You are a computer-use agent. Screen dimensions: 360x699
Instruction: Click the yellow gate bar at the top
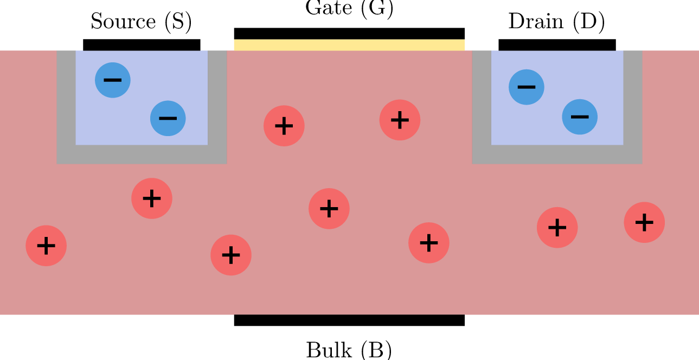point(349,45)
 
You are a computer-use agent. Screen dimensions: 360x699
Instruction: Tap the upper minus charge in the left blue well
point(113,80)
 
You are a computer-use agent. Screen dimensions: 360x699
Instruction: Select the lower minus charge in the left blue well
point(168,118)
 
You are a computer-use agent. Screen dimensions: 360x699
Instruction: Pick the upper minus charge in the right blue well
point(527,87)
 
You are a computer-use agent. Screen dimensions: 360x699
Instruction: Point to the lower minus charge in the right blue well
point(580,117)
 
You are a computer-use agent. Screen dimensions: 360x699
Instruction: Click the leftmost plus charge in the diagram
point(46,246)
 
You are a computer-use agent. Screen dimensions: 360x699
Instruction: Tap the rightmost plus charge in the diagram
point(644,222)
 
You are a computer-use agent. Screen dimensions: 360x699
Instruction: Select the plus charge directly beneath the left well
point(152,198)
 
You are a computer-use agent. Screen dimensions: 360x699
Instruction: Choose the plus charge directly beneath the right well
point(557,228)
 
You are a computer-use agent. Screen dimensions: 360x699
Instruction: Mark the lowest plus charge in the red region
point(231,255)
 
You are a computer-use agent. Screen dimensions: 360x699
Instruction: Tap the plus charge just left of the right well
point(400,120)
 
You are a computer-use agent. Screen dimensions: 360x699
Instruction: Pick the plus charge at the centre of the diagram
point(329,209)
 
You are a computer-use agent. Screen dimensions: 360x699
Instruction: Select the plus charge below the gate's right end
point(429,243)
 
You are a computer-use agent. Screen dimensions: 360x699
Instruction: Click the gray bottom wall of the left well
point(142,155)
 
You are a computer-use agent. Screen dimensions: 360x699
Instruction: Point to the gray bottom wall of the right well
point(557,155)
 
